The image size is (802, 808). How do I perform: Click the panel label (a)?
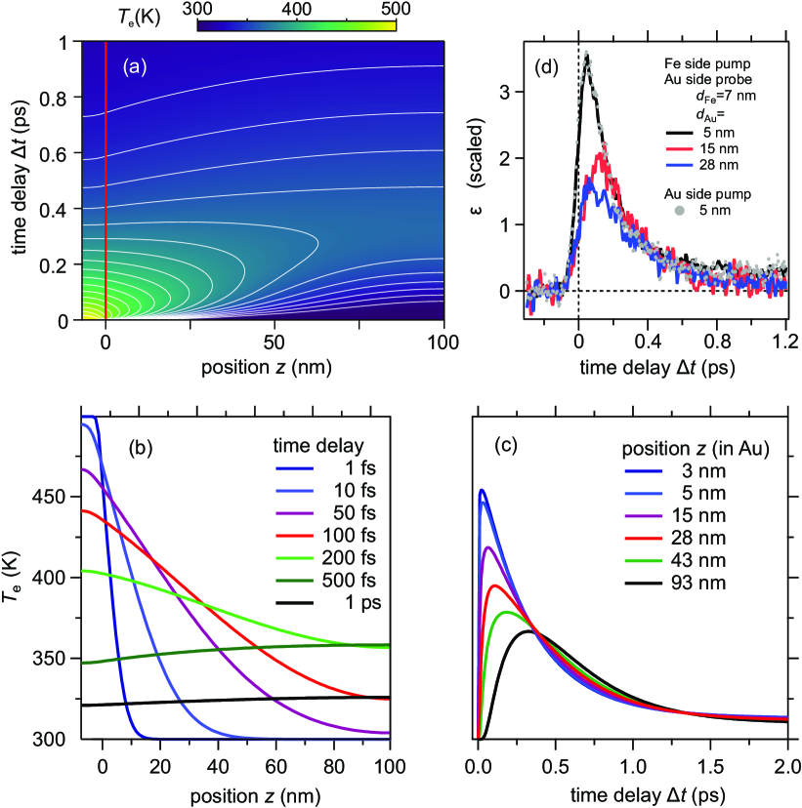click(136, 67)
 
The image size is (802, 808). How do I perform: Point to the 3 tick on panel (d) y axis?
click(512, 92)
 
